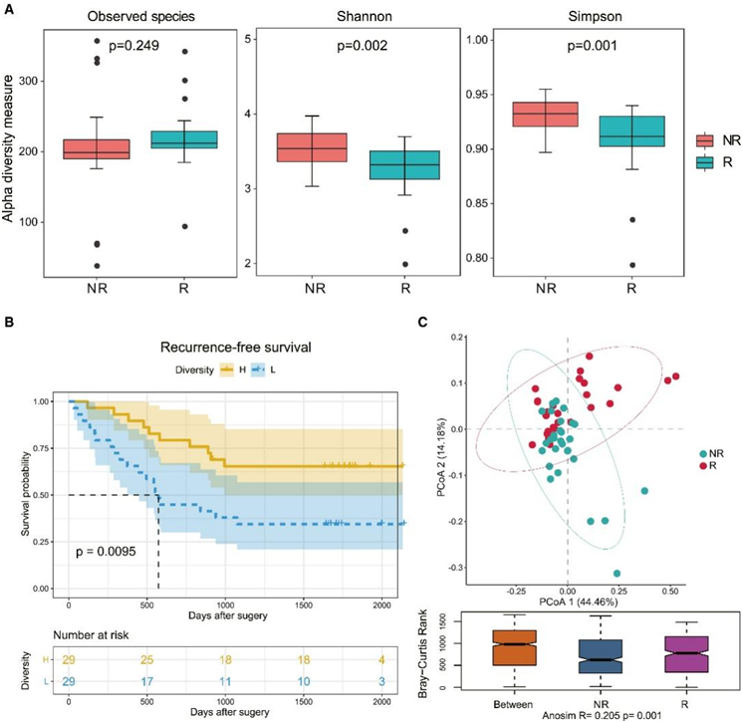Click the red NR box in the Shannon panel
point(312,147)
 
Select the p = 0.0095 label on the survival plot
point(111,550)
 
